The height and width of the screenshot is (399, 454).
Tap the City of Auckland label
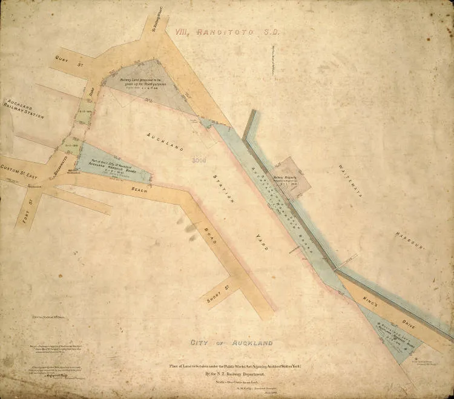coord(232,343)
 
